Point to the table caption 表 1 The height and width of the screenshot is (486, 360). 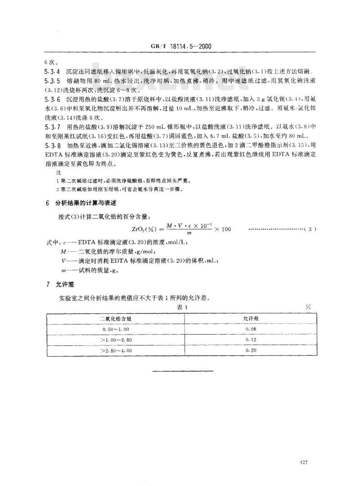point(180,307)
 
